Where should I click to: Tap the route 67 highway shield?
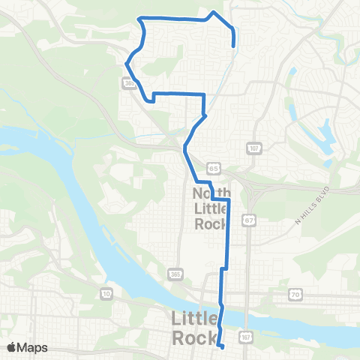[x=247, y=220]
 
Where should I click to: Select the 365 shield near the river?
[x=174, y=271]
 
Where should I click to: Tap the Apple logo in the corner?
[x=12, y=346]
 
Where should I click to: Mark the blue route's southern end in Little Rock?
[x=223, y=346]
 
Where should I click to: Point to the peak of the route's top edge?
[x=215, y=12]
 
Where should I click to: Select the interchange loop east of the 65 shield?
[x=244, y=182]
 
